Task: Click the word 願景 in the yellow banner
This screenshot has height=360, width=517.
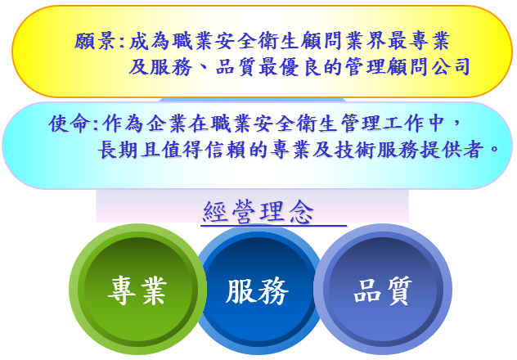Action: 94,41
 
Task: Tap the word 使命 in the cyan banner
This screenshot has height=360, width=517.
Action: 70,124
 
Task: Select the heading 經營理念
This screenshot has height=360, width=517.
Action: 258,212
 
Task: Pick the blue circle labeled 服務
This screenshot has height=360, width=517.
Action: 258,290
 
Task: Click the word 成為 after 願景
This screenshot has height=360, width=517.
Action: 149,41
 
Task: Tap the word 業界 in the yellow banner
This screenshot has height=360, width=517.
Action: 366,41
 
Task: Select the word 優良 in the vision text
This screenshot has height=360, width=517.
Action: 299,67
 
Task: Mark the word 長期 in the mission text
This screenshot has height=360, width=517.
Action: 118,150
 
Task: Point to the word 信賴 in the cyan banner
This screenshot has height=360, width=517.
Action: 225,150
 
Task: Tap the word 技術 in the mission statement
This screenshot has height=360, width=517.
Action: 354,150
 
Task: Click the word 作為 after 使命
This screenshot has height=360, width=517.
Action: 123,124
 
